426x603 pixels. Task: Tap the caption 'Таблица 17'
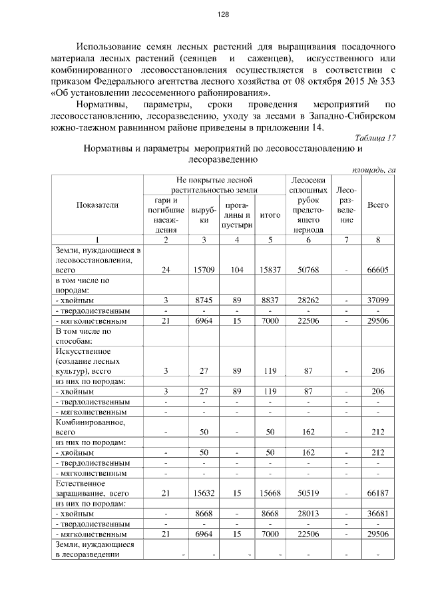pyautogui.click(x=375, y=137)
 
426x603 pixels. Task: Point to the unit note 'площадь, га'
pyautogui.click(x=374, y=170)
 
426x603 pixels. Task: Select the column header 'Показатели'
pyautogui.click(x=97, y=205)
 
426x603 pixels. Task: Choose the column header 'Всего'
pyautogui.click(x=378, y=205)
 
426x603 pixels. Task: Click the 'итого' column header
pyautogui.click(x=270, y=215)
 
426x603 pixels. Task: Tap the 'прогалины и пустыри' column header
pyautogui.click(x=237, y=215)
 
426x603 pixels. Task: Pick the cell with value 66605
pyautogui.click(x=378, y=270)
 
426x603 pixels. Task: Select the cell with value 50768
pyautogui.click(x=307, y=270)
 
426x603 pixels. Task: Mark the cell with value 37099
pyautogui.click(x=378, y=301)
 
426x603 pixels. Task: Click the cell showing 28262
pyautogui.click(x=307, y=301)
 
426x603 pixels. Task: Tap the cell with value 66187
pyautogui.click(x=378, y=492)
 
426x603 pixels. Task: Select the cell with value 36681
pyautogui.click(x=378, y=514)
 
